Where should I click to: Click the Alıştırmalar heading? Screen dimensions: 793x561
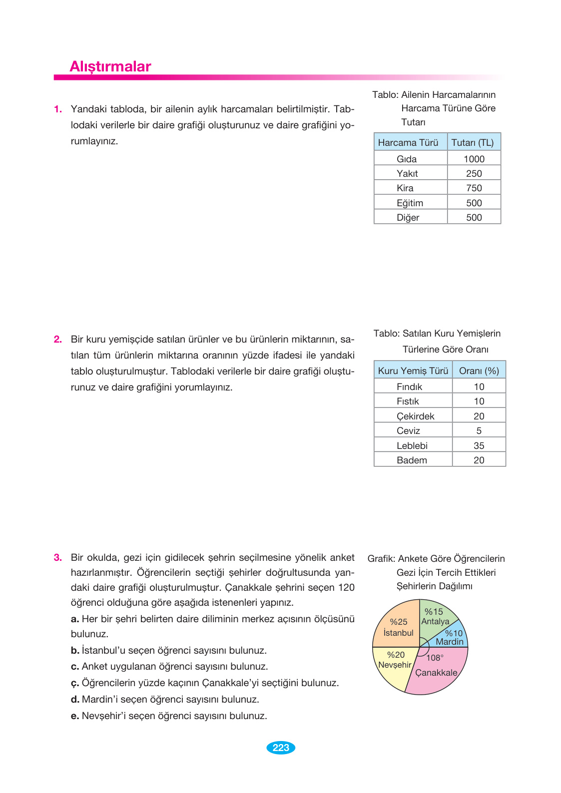(x=110, y=66)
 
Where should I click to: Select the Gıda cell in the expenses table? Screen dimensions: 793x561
(x=407, y=159)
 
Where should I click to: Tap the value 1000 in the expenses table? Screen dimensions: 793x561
(x=474, y=159)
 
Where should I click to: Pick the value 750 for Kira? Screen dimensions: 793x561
(x=474, y=188)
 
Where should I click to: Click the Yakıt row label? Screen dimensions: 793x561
(x=407, y=174)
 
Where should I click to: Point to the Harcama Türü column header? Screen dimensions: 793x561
(x=408, y=143)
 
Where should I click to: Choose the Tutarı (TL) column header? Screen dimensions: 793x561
(x=472, y=143)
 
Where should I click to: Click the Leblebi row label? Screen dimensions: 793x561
(x=412, y=445)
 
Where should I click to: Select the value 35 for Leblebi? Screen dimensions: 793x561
(x=479, y=445)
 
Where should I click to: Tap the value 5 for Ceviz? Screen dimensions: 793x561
(x=479, y=431)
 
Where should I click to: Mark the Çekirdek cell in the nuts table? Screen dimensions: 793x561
(x=415, y=416)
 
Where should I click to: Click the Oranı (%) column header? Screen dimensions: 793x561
(x=479, y=371)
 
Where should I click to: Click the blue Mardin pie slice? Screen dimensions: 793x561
(x=452, y=637)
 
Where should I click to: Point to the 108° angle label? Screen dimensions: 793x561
(x=435, y=658)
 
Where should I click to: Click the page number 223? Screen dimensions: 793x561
(x=281, y=748)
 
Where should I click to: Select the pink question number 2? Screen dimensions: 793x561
(x=58, y=340)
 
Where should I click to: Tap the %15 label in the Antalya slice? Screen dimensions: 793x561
(x=434, y=612)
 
